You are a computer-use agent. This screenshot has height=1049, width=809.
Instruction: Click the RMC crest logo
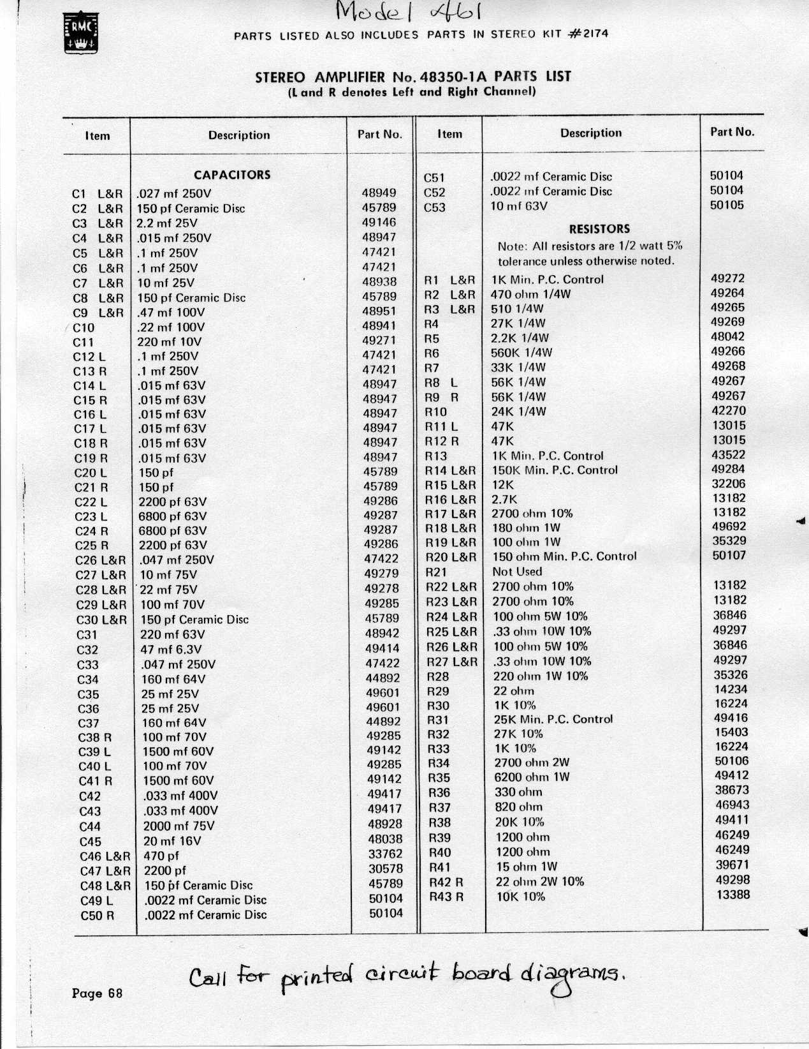point(80,35)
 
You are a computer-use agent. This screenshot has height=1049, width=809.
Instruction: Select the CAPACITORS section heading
point(232,175)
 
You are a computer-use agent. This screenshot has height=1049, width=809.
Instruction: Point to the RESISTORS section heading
point(599,228)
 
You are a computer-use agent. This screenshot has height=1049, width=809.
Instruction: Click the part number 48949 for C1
point(379,193)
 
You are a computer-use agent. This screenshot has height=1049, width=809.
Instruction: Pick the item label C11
point(84,342)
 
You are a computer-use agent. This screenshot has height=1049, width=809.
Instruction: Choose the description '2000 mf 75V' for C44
point(179,826)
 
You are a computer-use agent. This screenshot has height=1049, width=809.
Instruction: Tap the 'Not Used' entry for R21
point(517,572)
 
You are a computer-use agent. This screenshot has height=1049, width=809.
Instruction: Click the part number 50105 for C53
point(727,205)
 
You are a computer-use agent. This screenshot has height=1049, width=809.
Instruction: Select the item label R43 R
point(446,896)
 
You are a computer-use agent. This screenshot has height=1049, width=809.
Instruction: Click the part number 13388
point(732,895)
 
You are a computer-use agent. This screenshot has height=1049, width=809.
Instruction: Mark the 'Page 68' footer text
point(97,993)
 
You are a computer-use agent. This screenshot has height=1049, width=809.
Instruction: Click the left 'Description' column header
point(239,135)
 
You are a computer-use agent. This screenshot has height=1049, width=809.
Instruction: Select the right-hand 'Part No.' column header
point(732,132)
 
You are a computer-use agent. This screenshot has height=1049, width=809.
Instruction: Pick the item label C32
point(87,650)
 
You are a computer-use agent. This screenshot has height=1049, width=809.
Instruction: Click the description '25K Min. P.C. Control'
point(553,719)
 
